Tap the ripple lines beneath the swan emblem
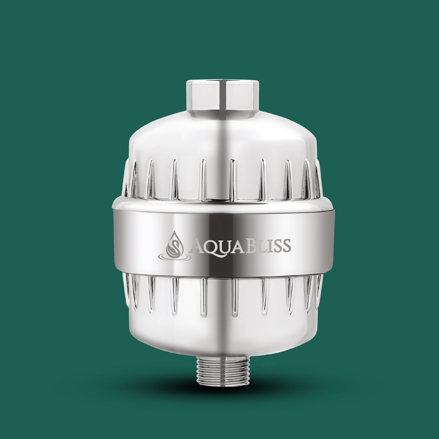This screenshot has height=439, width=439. pos(175,257)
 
